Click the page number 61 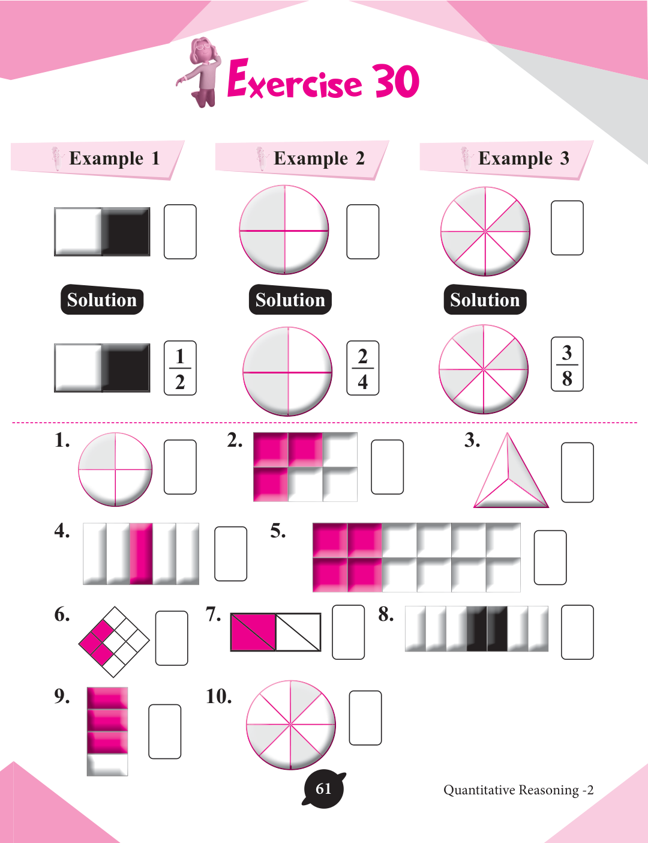coord(323,789)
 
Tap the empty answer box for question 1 coord(180,467)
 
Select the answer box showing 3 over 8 coord(567,364)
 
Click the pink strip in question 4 coord(141,554)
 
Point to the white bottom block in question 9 coord(107,764)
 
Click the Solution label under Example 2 coord(290,300)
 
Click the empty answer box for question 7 coord(349,632)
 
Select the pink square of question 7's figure coord(253,632)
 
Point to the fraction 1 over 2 coord(180,369)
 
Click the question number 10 coord(219,696)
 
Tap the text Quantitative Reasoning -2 coord(518,790)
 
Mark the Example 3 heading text coord(524,159)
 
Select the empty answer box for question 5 coord(550,557)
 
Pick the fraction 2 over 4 coord(363,369)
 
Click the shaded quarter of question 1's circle coord(97,452)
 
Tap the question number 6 coord(62,615)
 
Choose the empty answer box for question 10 coord(365,718)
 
